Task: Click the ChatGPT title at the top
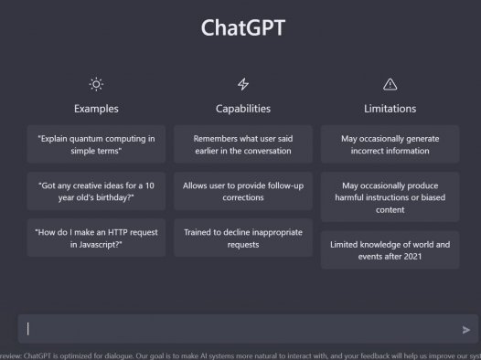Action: point(242,27)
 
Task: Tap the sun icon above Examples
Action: point(96,84)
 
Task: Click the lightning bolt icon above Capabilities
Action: point(243,84)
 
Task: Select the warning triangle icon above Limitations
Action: point(390,84)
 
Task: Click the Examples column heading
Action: point(96,109)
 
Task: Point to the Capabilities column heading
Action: point(243,109)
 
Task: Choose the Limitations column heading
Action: point(390,109)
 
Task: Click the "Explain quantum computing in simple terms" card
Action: point(96,144)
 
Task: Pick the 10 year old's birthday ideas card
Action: point(96,191)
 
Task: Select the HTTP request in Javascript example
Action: point(96,238)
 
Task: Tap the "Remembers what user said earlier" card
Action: point(243,144)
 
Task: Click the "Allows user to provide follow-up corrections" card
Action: point(243,191)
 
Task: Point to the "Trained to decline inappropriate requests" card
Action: point(243,238)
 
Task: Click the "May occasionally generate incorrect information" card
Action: point(390,144)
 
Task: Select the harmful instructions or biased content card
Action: point(390,197)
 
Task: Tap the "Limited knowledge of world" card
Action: point(390,250)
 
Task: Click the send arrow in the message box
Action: point(466,330)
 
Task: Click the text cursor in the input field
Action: point(28,329)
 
